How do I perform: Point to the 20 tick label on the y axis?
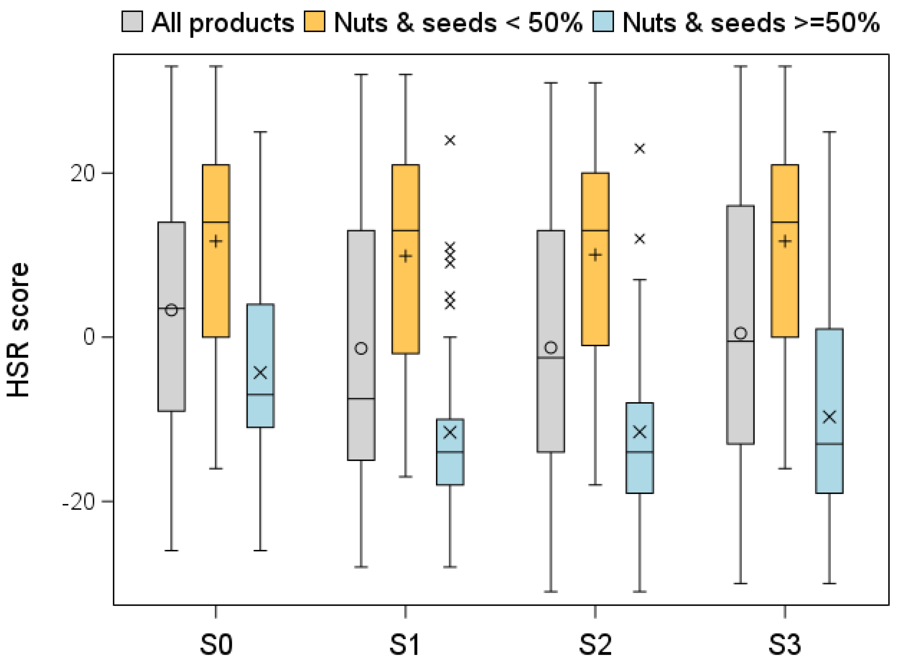click(82, 174)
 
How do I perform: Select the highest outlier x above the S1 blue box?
click(450, 141)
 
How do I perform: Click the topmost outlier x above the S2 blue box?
click(640, 149)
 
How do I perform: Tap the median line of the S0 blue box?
click(260, 395)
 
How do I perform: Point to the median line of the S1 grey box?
click(361, 398)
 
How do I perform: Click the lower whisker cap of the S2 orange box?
click(595, 485)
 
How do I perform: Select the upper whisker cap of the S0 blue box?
click(260, 132)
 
